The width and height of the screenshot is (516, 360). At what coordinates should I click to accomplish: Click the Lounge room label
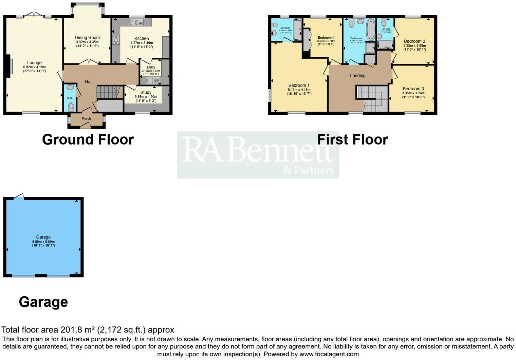coord(34,63)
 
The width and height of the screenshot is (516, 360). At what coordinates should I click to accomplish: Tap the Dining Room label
coord(87,38)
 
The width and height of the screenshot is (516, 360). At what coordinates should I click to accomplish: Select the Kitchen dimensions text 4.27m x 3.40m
coord(142,43)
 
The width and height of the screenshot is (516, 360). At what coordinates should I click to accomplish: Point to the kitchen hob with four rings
coord(116,40)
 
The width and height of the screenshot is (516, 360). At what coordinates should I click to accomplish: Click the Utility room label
coord(151,68)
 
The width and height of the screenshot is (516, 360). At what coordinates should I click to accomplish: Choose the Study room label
coord(146,92)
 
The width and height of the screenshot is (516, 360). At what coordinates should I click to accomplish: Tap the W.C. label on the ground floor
coord(70,98)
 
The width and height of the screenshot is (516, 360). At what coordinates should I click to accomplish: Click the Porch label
coord(87,118)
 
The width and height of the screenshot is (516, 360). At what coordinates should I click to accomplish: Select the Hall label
coord(89,82)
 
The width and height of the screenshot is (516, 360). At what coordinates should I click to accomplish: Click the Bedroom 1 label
coord(299,86)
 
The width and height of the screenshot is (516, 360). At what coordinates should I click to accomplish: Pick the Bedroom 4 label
coord(326,37)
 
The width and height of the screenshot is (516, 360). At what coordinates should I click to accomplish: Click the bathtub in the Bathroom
coord(370,30)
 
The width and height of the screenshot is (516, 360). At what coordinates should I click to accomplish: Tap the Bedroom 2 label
coord(414,41)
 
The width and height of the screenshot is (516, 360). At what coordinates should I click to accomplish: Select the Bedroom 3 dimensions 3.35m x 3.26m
coord(413,93)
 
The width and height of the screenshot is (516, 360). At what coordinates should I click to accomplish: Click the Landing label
coord(358,76)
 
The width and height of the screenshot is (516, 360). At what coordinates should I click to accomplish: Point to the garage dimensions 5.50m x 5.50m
coord(43,242)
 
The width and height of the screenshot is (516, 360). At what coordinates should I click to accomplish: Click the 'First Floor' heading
coord(352,139)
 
